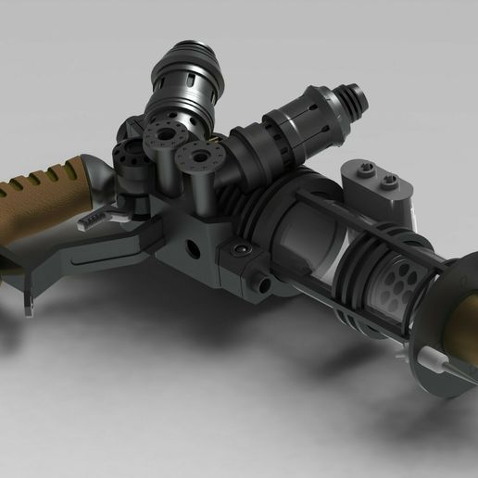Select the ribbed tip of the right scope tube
[350, 95]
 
